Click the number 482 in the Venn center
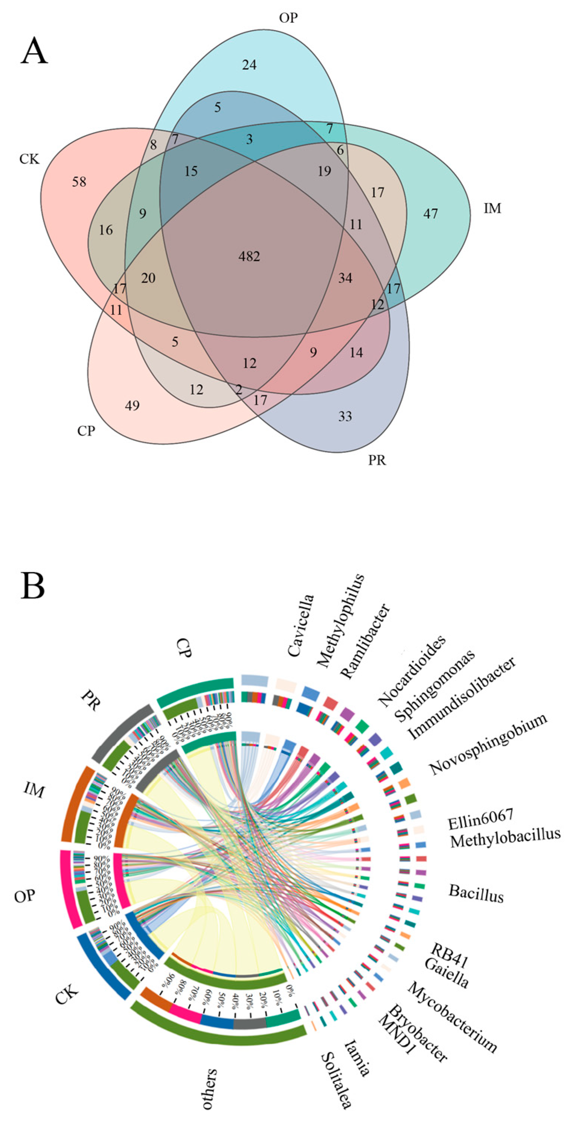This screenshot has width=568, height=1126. tap(249, 256)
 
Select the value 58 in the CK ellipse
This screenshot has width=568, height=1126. tap(79, 182)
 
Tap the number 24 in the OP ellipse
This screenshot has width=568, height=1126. tap(249, 65)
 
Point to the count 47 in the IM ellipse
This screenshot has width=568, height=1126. tap(430, 214)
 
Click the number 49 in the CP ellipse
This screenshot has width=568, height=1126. tap(132, 406)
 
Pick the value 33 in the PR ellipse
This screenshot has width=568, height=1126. tap(345, 416)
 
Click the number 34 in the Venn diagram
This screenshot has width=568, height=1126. tap(345, 278)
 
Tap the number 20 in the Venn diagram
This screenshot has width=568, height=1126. tap(148, 278)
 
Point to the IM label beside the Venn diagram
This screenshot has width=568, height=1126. tap(492, 209)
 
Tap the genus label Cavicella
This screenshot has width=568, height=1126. tap(301, 625)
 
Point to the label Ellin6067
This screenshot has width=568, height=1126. tap(480, 820)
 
